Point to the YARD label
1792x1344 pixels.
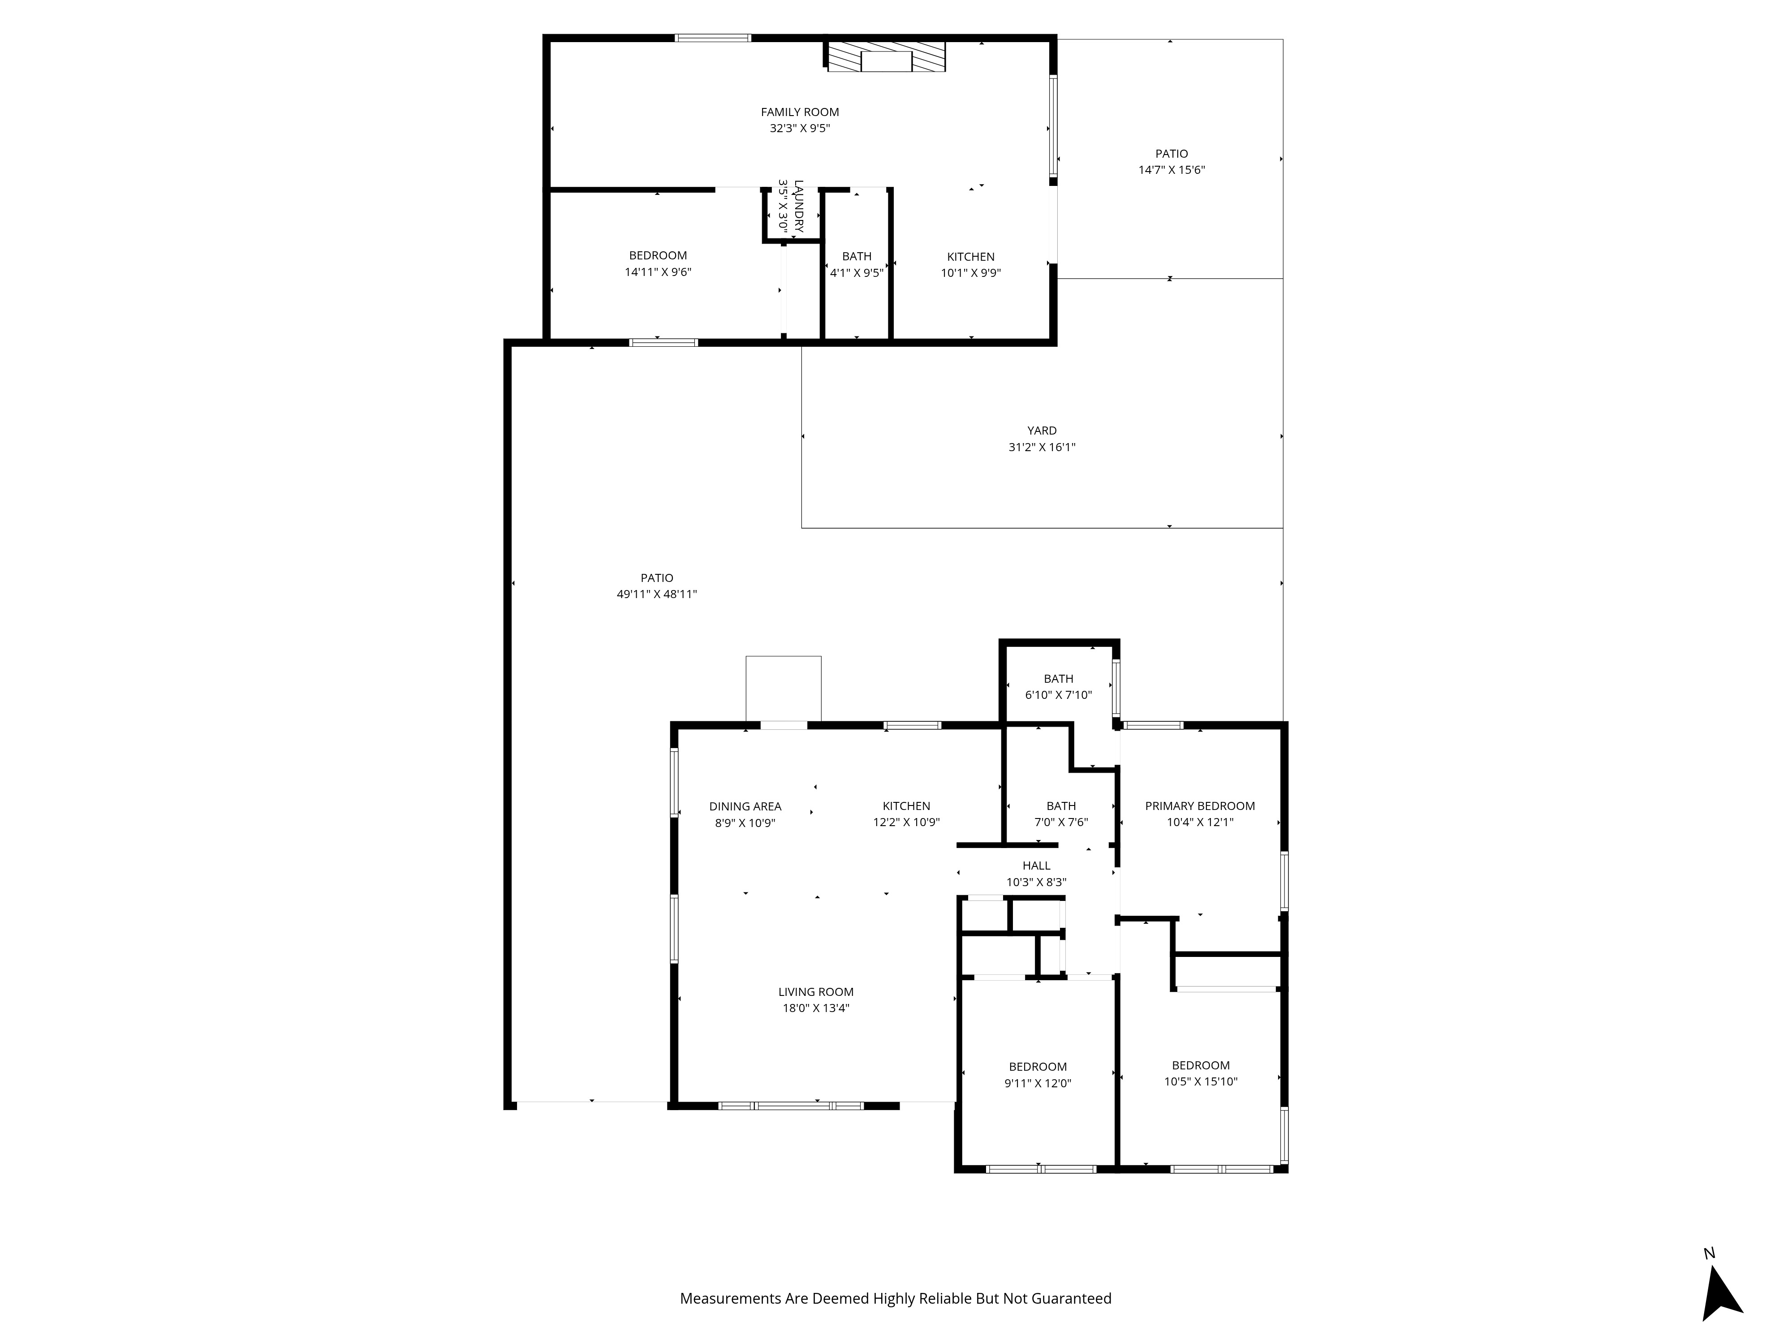tap(1041, 430)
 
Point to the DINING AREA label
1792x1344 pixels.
tap(745, 806)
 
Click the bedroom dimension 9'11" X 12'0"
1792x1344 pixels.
tap(1037, 1083)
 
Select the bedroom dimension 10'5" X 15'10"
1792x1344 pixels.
tap(1201, 1081)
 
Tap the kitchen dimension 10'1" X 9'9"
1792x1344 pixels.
tap(970, 273)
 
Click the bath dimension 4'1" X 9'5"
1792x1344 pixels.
tap(856, 273)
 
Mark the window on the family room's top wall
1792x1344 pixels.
tap(713, 37)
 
